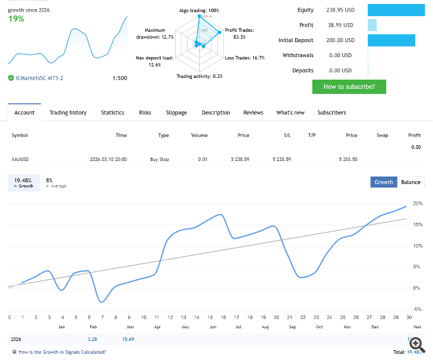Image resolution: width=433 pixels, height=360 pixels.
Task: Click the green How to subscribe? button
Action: tap(349, 87)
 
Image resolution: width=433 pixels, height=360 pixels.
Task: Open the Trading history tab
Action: tap(68, 112)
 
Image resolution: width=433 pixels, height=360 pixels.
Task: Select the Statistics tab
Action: tap(113, 112)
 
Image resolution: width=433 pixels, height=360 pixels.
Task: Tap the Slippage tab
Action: tap(176, 112)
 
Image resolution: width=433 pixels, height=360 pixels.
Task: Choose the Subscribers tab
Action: tap(331, 112)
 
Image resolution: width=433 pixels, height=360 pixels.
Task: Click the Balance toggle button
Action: tap(410, 182)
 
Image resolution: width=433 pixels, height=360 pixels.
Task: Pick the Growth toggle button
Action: tap(383, 182)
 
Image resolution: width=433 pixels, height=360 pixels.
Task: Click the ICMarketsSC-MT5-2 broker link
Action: tap(39, 78)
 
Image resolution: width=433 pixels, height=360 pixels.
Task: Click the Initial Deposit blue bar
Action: tap(391, 40)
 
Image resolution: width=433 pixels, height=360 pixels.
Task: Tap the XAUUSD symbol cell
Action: tap(20, 159)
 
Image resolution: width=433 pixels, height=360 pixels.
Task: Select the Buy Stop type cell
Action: tap(159, 159)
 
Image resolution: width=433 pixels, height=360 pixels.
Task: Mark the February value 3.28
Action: tap(92, 339)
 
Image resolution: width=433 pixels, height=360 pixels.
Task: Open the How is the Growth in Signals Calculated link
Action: tap(62, 351)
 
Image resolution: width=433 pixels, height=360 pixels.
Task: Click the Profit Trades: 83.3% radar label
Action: tap(239, 33)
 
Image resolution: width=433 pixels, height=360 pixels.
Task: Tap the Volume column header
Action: tap(199, 135)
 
